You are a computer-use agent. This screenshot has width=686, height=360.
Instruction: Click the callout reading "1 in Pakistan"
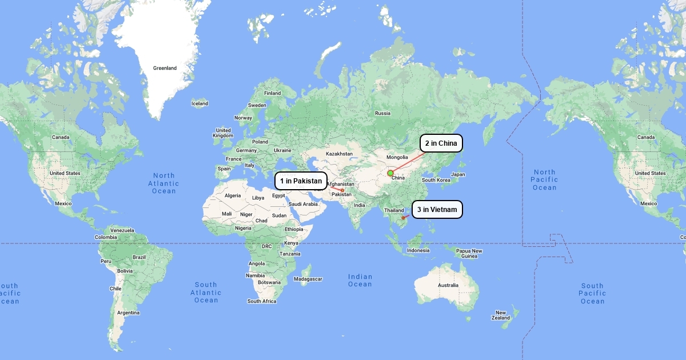click(x=301, y=181)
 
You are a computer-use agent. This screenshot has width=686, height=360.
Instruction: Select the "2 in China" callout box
click(x=441, y=143)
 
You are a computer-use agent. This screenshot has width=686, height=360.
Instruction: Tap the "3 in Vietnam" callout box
click(x=437, y=210)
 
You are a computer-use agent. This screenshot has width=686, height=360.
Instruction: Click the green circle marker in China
click(x=390, y=173)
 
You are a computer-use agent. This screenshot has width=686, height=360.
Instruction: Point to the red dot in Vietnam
click(x=403, y=218)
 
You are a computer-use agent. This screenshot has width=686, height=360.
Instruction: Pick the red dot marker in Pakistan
click(x=342, y=190)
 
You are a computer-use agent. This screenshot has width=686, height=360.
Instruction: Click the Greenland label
click(x=165, y=68)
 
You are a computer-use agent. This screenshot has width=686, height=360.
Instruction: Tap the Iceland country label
click(x=200, y=103)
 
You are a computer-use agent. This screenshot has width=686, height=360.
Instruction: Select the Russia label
click(x=382, y=113)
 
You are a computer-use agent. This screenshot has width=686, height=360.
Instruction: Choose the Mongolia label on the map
click(x=397, y=157)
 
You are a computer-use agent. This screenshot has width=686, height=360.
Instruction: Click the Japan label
click(x=458, y=174)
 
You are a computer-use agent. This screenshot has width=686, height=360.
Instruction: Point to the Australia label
click(x=448, y=285)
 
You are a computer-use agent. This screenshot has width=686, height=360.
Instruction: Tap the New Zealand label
click(x=501, y=315)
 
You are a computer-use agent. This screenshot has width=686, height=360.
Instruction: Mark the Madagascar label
click(x=308, y=279)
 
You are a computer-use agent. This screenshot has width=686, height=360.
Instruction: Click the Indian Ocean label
click(x=360, y=280)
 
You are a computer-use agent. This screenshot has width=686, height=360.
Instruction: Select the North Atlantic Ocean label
click(x=163, y=183)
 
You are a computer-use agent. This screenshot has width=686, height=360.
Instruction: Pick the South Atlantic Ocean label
click(x=206, y=292)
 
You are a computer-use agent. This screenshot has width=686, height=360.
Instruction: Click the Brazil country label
click(x=139, y=257)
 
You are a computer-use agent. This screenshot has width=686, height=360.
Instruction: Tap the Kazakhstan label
click(x=339, y=154)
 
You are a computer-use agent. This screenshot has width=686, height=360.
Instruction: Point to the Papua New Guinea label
click(x=469, y=253)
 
